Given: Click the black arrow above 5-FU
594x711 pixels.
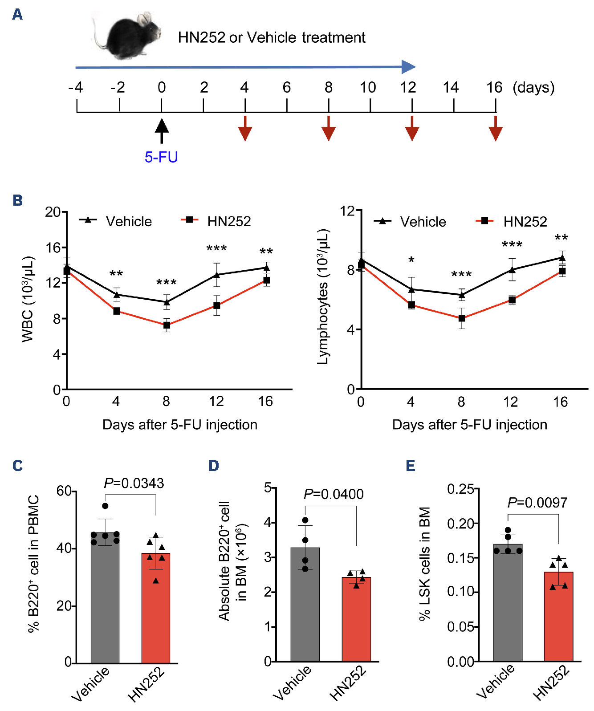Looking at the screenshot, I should pos(162,130).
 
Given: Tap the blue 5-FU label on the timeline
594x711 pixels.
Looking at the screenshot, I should pos(161,157).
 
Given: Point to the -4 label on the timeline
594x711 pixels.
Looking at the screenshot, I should pos(76,87).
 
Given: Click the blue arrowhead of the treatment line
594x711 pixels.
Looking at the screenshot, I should pos(408,67).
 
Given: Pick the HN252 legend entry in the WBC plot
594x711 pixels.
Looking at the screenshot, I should pos(217,221).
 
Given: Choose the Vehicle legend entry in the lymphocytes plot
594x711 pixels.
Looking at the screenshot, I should pos(411,221).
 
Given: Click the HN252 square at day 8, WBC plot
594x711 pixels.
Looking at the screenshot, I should pos(167,325).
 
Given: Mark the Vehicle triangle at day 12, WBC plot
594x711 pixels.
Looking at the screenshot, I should pos(217,275).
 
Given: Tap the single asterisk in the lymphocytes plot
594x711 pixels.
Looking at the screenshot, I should pos(411,260).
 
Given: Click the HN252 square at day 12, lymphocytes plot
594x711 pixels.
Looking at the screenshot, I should pos(512,300).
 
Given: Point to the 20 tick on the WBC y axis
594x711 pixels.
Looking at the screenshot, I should pos(53,212).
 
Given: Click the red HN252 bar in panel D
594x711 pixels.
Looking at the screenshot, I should pos(356,619).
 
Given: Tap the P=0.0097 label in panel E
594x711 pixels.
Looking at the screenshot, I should pos(537,503).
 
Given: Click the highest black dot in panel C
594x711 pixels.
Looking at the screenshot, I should pos(105,506).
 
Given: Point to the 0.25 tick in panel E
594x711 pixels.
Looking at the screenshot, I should pos(460,489).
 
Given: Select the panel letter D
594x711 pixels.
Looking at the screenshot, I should pos(214,466).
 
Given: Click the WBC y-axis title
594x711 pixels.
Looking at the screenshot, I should pos(28,299).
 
